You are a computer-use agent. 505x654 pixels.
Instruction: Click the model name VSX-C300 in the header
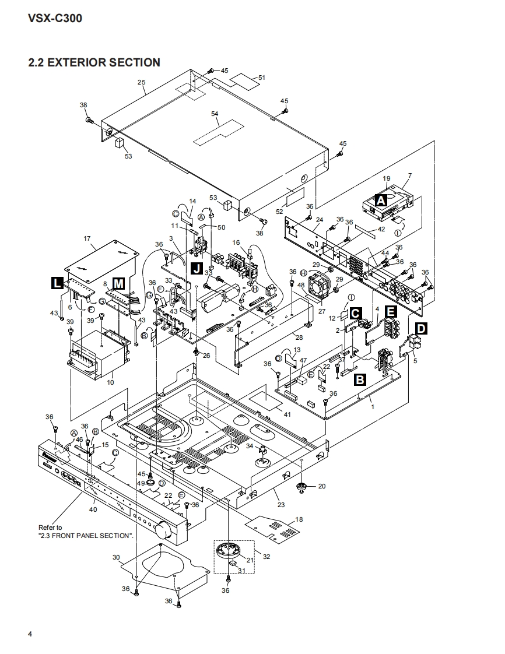(55, 18)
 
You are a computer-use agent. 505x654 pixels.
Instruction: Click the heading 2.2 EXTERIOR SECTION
(94, 62)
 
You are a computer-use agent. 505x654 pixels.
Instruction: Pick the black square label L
(57, 283)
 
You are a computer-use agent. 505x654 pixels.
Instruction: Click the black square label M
(118, 283)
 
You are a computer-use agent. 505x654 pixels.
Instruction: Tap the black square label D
(420, 329)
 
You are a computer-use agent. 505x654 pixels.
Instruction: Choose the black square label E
(391, 312)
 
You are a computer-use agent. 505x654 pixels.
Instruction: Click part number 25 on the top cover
(142, 82)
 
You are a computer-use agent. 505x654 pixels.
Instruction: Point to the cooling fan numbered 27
(320, 286)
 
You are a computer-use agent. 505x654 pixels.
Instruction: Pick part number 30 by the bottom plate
(115, 557)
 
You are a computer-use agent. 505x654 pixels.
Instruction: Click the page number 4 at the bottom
(30, 634)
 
